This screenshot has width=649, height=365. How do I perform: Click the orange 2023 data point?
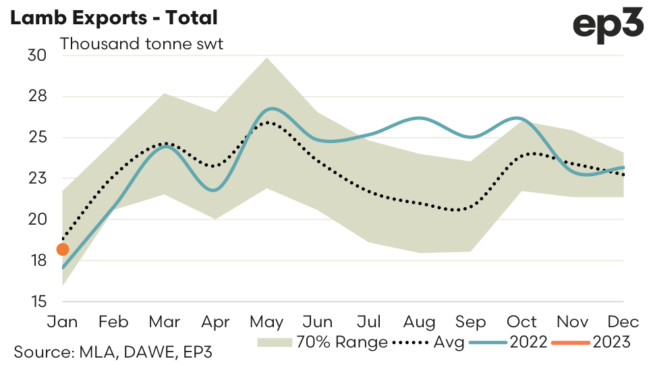(63, 250)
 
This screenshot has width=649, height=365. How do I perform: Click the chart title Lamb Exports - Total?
(113, 18)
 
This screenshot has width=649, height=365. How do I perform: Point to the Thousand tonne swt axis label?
(142, 45)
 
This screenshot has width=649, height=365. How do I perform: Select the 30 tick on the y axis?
(36, 55)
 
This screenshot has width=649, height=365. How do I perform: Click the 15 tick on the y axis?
(36, 302)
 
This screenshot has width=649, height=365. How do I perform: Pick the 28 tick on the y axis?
(36, 96)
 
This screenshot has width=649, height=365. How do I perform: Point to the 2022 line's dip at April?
(213, 190)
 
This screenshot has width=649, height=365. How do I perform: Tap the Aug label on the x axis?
(420, 322)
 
